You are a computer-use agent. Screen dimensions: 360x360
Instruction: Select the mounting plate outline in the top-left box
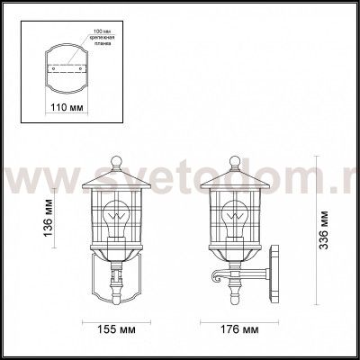point(65,67)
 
